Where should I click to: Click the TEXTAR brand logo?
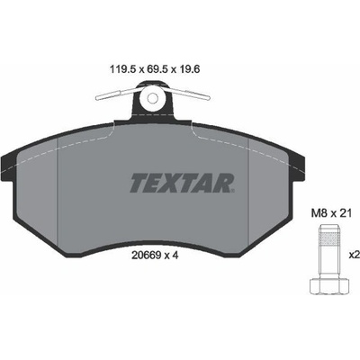tap(182, 183)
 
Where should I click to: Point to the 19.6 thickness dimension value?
tap(190, 69)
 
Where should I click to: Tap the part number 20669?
tap(146, 256)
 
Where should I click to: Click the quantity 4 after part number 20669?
tap(175, 256)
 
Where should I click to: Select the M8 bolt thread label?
tap(318, 213)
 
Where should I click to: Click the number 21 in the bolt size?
tap(345, 213)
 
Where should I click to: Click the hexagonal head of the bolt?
tap(329, 286)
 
